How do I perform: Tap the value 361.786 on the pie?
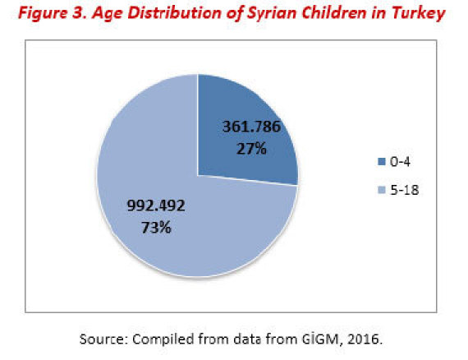tap(251, 127)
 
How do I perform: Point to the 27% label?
tap(251, 149)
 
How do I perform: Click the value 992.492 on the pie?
tap(156, 205)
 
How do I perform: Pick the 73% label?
tap(156, 228)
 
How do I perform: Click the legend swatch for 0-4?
tap(382, 162)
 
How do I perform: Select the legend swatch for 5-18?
tap(382, 190)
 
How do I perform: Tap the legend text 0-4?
tap(400, 162)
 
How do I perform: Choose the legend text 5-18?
tap(405, 190)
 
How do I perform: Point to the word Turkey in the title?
tap(419, 14)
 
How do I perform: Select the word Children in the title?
tap(334, 13)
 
